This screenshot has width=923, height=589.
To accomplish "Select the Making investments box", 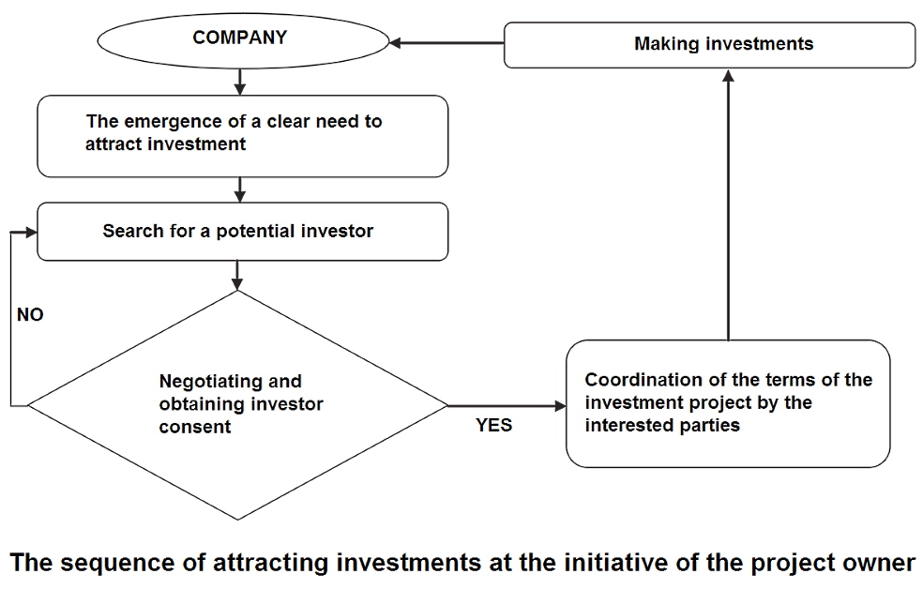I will (709, 44).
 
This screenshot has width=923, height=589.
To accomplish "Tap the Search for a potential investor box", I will (240, 231).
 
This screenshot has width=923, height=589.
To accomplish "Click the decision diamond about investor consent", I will (237, 405).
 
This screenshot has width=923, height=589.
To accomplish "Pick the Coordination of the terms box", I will (728, 403).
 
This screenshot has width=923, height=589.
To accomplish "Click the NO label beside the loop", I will (30, 315).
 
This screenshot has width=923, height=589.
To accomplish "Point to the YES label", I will (493, 425).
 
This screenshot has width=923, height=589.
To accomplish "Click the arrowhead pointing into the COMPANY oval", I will (398, 43).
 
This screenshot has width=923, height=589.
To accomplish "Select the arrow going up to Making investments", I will (728, 206).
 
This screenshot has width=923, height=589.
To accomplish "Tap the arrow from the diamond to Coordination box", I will (507, 406).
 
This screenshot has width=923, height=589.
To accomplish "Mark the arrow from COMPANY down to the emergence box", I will (240, 82).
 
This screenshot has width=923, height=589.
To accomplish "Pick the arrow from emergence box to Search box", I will (240, 189).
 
